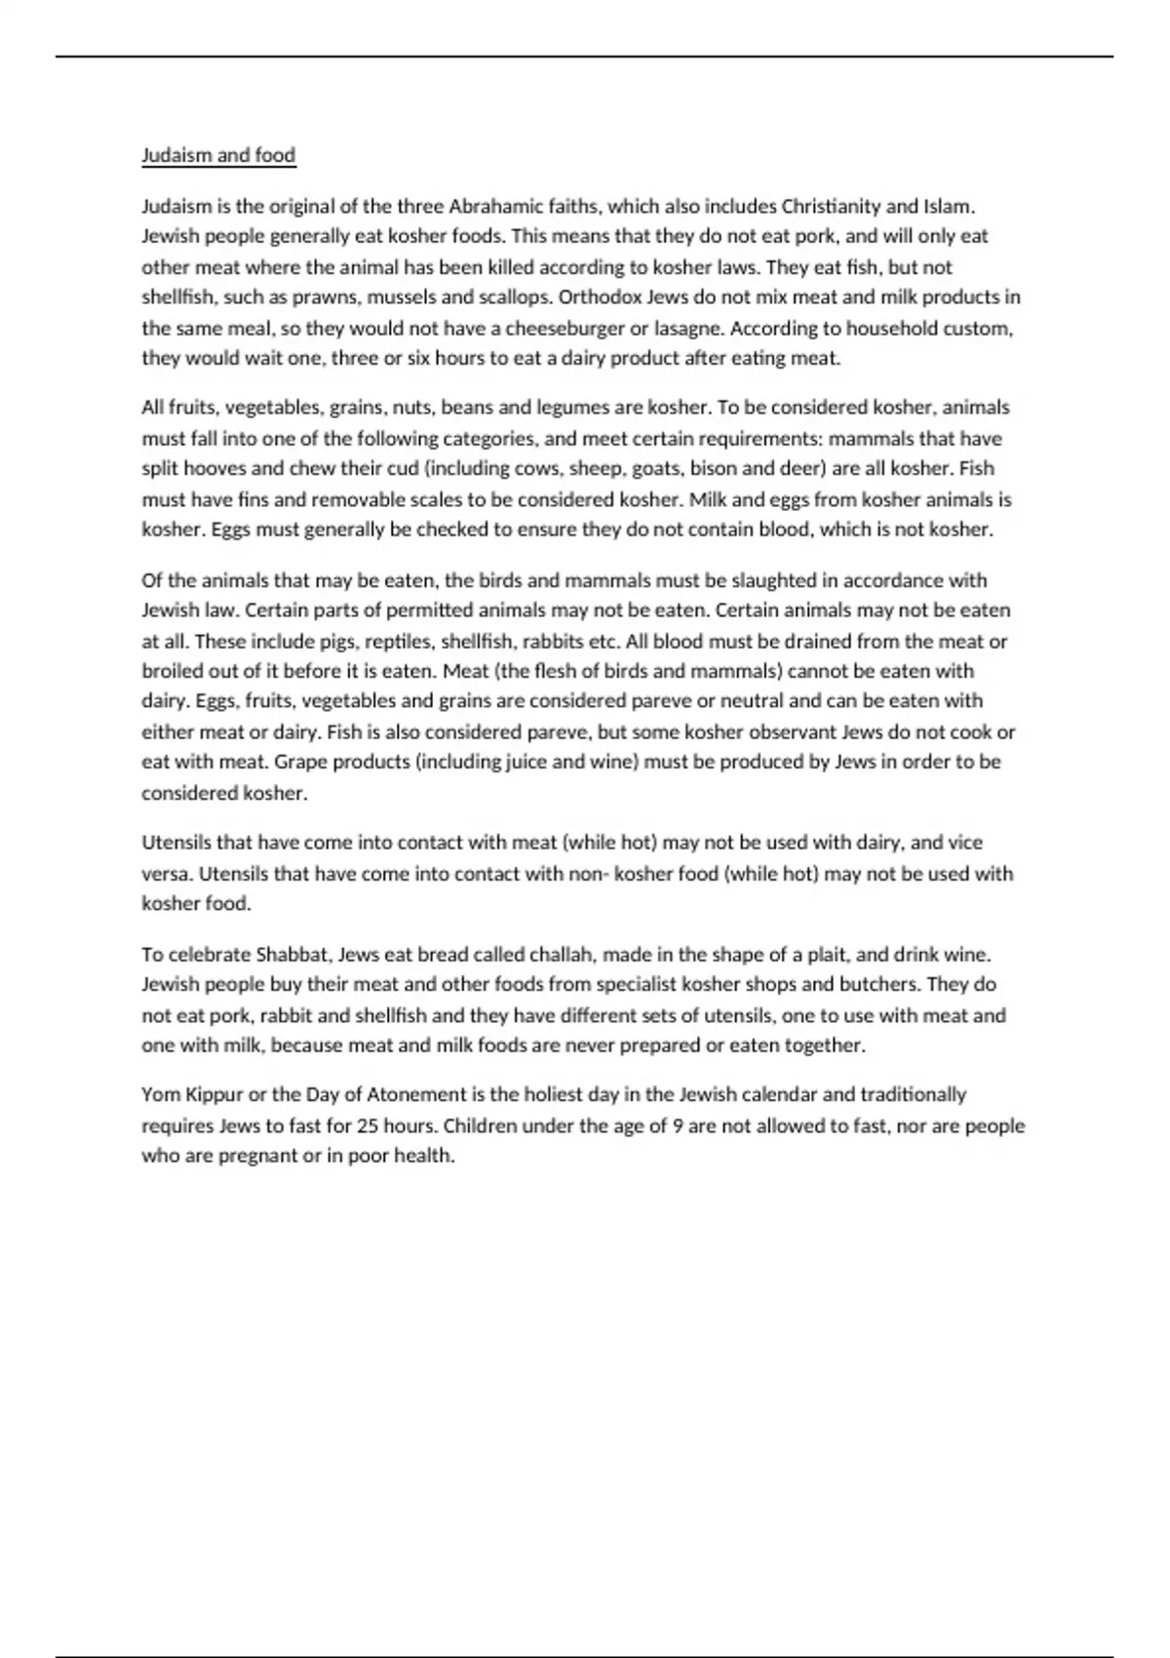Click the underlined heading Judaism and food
point(218,155)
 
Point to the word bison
point(714,468)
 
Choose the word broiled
point(173,671)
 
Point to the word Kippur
point(214,1094)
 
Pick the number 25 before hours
point(368,1125)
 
